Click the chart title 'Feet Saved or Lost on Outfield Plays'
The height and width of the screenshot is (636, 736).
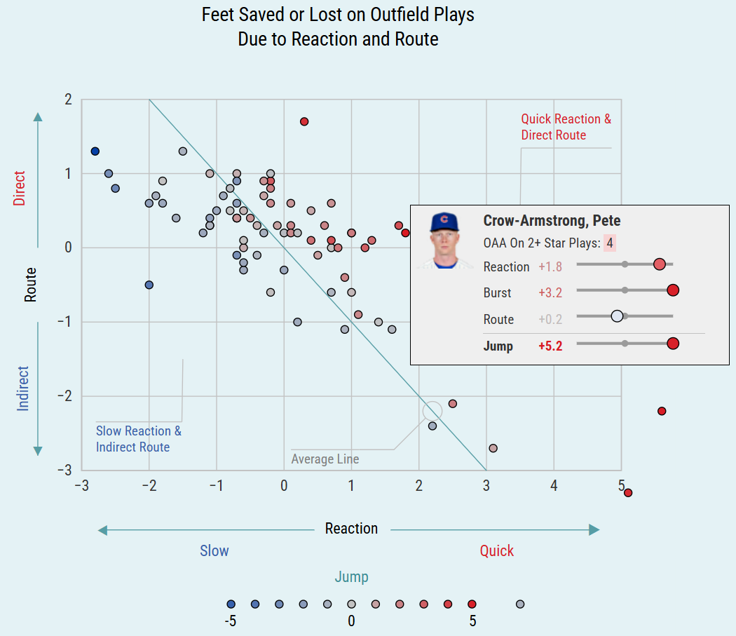click(x=338, y=15)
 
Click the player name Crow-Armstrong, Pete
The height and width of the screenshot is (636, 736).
click(x=552, y=221)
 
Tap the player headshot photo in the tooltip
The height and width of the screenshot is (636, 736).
click(x=444, y=241)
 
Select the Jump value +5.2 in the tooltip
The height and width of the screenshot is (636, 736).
click(x=550, y=346)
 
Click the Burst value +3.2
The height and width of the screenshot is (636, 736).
click(x=550, y=292)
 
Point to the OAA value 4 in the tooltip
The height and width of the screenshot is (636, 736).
click(x=610, y=243)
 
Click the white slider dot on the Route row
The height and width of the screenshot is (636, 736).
click(x=617, y=316)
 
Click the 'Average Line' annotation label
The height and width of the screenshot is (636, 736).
click(x=325, y=459)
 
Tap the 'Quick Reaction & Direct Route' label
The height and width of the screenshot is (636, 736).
click(x=566, y=127)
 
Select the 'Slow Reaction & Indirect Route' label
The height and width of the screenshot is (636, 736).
click(x=138, y=439)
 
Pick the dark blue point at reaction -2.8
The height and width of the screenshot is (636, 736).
click(x=95, y=151)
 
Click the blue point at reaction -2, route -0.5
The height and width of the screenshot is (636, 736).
click(x=149, y=285)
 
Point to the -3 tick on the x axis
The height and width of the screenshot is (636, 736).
click(x=81, y=485)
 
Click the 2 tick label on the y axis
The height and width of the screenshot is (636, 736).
click(x=68, y=100)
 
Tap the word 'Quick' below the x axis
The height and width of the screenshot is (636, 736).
click(x=496, y=550)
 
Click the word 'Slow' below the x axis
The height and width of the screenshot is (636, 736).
click(x=214, y=550)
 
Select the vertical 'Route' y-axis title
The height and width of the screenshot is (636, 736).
click(x=30, y=285)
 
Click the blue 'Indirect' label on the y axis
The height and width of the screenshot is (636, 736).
click(x=23, y=388)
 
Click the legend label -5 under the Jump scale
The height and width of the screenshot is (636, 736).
click(x=230, y=621)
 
